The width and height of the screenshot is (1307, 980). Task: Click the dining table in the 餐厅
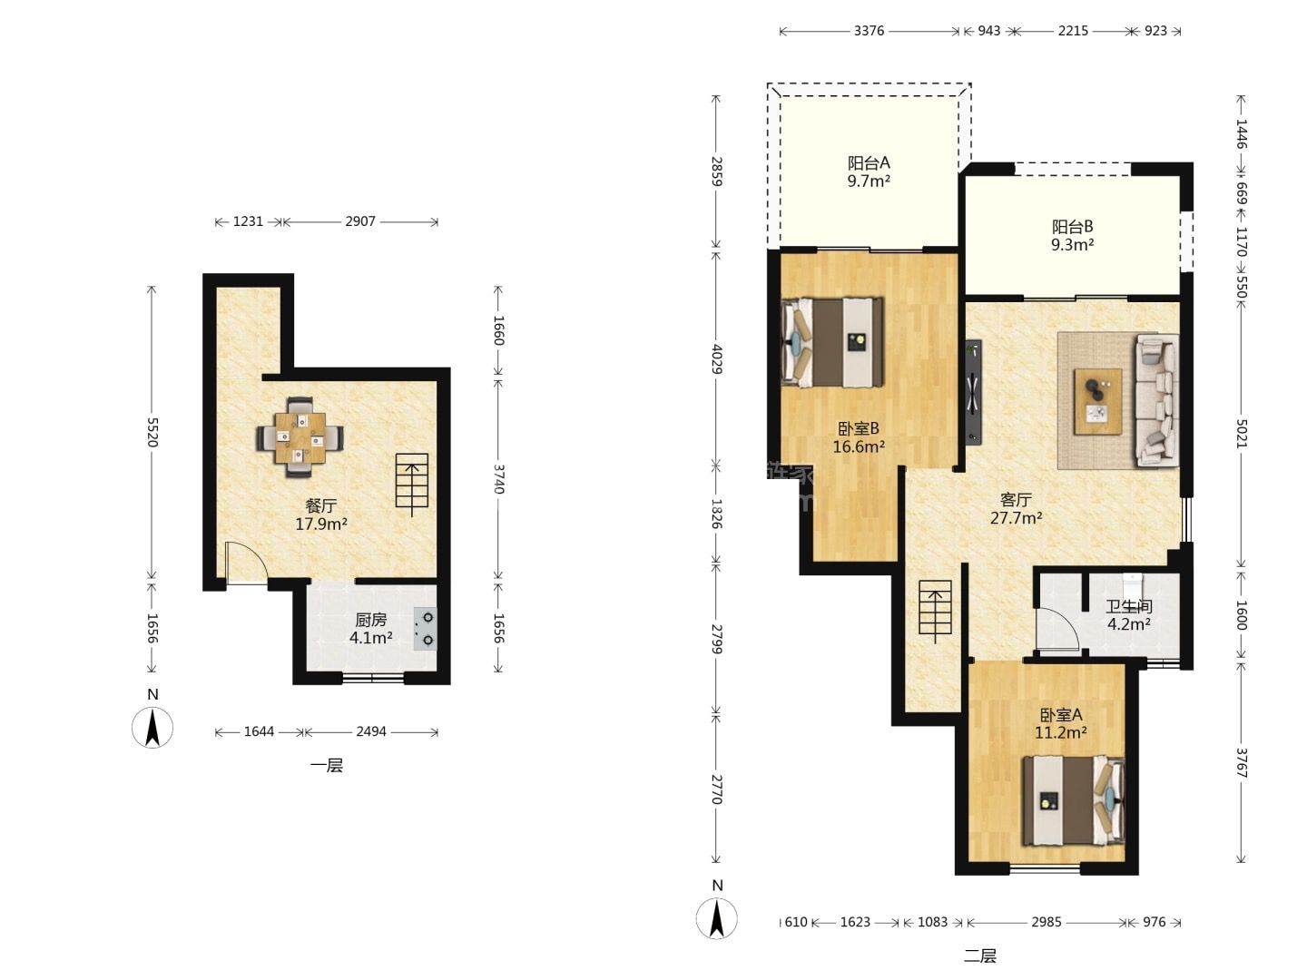point(300,438)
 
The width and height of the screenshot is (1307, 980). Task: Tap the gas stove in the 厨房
point(425,629)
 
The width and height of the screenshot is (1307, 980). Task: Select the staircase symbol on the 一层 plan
point(412,485)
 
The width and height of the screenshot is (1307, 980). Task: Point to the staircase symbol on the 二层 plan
point(935,612)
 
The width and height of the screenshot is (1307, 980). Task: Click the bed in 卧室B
point(831,343)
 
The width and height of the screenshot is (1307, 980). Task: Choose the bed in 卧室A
point(1074,800)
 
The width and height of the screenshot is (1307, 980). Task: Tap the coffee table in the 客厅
point(1098,402)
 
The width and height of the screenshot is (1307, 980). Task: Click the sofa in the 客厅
point(1157,400)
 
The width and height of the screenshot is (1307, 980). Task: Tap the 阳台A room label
point(869,162)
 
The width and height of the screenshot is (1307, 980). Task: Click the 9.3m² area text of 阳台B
point(1073,244)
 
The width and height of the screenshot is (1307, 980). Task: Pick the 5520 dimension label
point(152,432)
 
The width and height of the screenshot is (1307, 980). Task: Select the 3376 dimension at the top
point(869,31)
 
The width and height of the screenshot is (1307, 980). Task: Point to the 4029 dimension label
point(717,358)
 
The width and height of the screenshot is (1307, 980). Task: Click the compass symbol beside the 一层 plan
point(152,727)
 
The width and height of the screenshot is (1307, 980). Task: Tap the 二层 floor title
point(979,956)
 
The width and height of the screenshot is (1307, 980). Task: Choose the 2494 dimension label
point(371,731)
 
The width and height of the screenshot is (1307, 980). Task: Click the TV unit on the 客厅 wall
point(974,392)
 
